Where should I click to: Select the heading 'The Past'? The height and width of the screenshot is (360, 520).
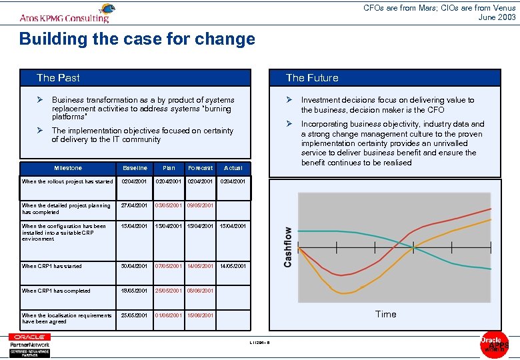[x=58, y=78]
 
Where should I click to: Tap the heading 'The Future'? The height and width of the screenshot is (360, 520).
[x=312, y=78]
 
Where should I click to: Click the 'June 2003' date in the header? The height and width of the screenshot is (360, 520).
[x=497, y=17]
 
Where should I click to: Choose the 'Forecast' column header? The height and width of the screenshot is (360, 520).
[x=201, y=168]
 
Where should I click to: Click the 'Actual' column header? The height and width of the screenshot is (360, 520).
[x=233, y=168]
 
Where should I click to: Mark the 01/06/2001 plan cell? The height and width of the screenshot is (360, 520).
[x=168, y=315]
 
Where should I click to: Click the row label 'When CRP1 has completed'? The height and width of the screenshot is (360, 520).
[x=56, y=291]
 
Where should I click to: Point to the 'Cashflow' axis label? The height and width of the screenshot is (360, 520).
[x=288, y=247]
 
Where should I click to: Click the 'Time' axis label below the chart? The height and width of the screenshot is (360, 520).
[x=385, y=314]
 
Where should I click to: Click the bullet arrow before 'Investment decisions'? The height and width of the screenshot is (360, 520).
[x=289, y=100]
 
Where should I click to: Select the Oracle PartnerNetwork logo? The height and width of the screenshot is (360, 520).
[x=30, y=345]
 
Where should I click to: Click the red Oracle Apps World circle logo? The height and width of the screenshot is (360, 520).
[x=494, y=344]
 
